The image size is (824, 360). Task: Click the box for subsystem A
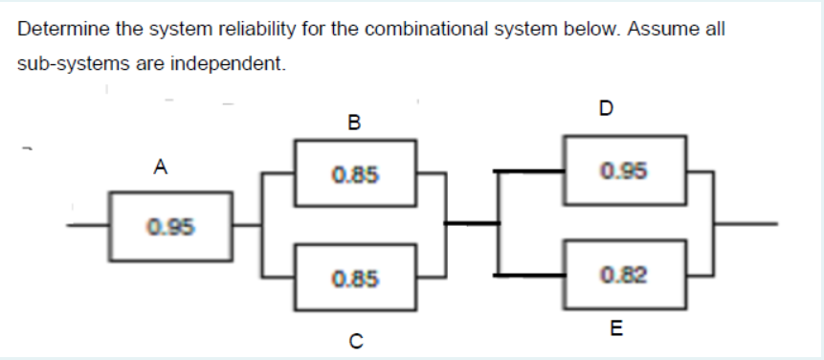pyautogui.click(x=170, y=228)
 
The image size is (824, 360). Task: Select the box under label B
pyautogui.click(x=354, y=173)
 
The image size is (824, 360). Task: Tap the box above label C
pyautogui.click(x=354, y=279)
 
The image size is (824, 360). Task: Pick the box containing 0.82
pyautogui.click(x=624, y=277)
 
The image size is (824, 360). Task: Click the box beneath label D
pyautogui.click(x=624, y=171)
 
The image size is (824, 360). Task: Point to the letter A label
pyautogui.click(x=162, y=168)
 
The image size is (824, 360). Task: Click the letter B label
pyautogui.click(x=355, y=123)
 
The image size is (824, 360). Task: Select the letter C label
pyautogui.click(x=355, y=336)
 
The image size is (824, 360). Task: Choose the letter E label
pyautogui.click(x=615, y=330)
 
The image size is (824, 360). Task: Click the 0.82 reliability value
pyautogui.click(x=624, y=277)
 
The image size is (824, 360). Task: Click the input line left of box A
pyautogui.click(x=86, y=226)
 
